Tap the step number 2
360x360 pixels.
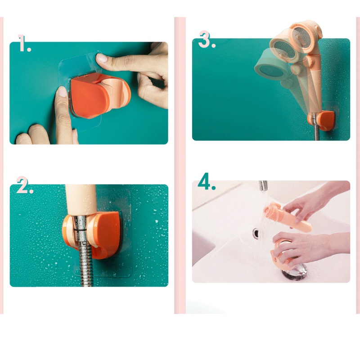(25, 185)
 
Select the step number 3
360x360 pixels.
(206, 40)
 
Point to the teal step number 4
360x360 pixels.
(206, 182)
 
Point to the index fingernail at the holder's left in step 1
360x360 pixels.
(62, 91)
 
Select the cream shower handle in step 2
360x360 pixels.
(81, 200)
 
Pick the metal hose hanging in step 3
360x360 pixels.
(317, 132)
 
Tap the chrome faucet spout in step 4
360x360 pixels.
(263, 186)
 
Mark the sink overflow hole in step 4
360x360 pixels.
(256, 234)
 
